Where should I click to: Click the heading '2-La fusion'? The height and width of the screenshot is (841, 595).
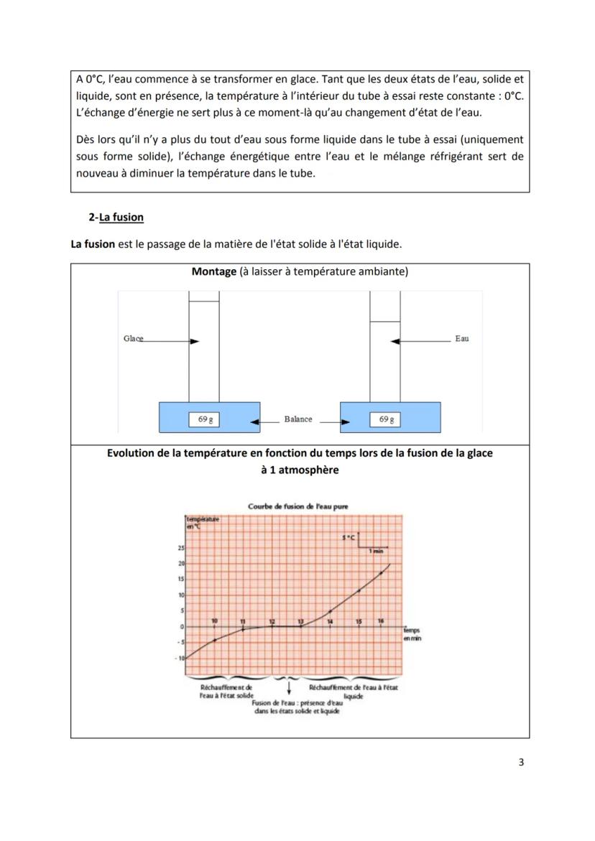(x=116, y=217)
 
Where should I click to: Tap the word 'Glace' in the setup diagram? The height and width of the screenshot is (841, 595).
(x=134, y=338)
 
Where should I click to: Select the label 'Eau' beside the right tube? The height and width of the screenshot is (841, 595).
(x=461, y=338)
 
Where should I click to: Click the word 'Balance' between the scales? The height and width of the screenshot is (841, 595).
(x=297, y=419)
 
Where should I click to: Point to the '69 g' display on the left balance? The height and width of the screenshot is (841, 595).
(x=205, y=420)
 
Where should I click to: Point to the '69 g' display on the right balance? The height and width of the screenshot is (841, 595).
(x=386, y=420)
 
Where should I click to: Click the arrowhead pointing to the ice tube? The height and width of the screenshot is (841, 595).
(x=195, y=342)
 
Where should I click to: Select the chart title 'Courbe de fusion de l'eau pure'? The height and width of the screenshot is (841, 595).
(x=297, y=506)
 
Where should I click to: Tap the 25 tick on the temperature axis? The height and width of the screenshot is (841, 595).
(x=181, y=548)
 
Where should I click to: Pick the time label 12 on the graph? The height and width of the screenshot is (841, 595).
(x=272, y=621)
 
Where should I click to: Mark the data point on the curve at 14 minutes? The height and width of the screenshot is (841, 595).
(x=330, y=610)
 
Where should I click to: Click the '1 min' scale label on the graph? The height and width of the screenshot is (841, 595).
(x=375, y=551)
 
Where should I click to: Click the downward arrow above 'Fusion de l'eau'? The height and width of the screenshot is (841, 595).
(x=289, y=687)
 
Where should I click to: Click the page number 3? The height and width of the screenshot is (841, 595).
(x=521, y=762)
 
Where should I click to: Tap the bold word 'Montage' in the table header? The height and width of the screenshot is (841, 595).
(x=214, y=271)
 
